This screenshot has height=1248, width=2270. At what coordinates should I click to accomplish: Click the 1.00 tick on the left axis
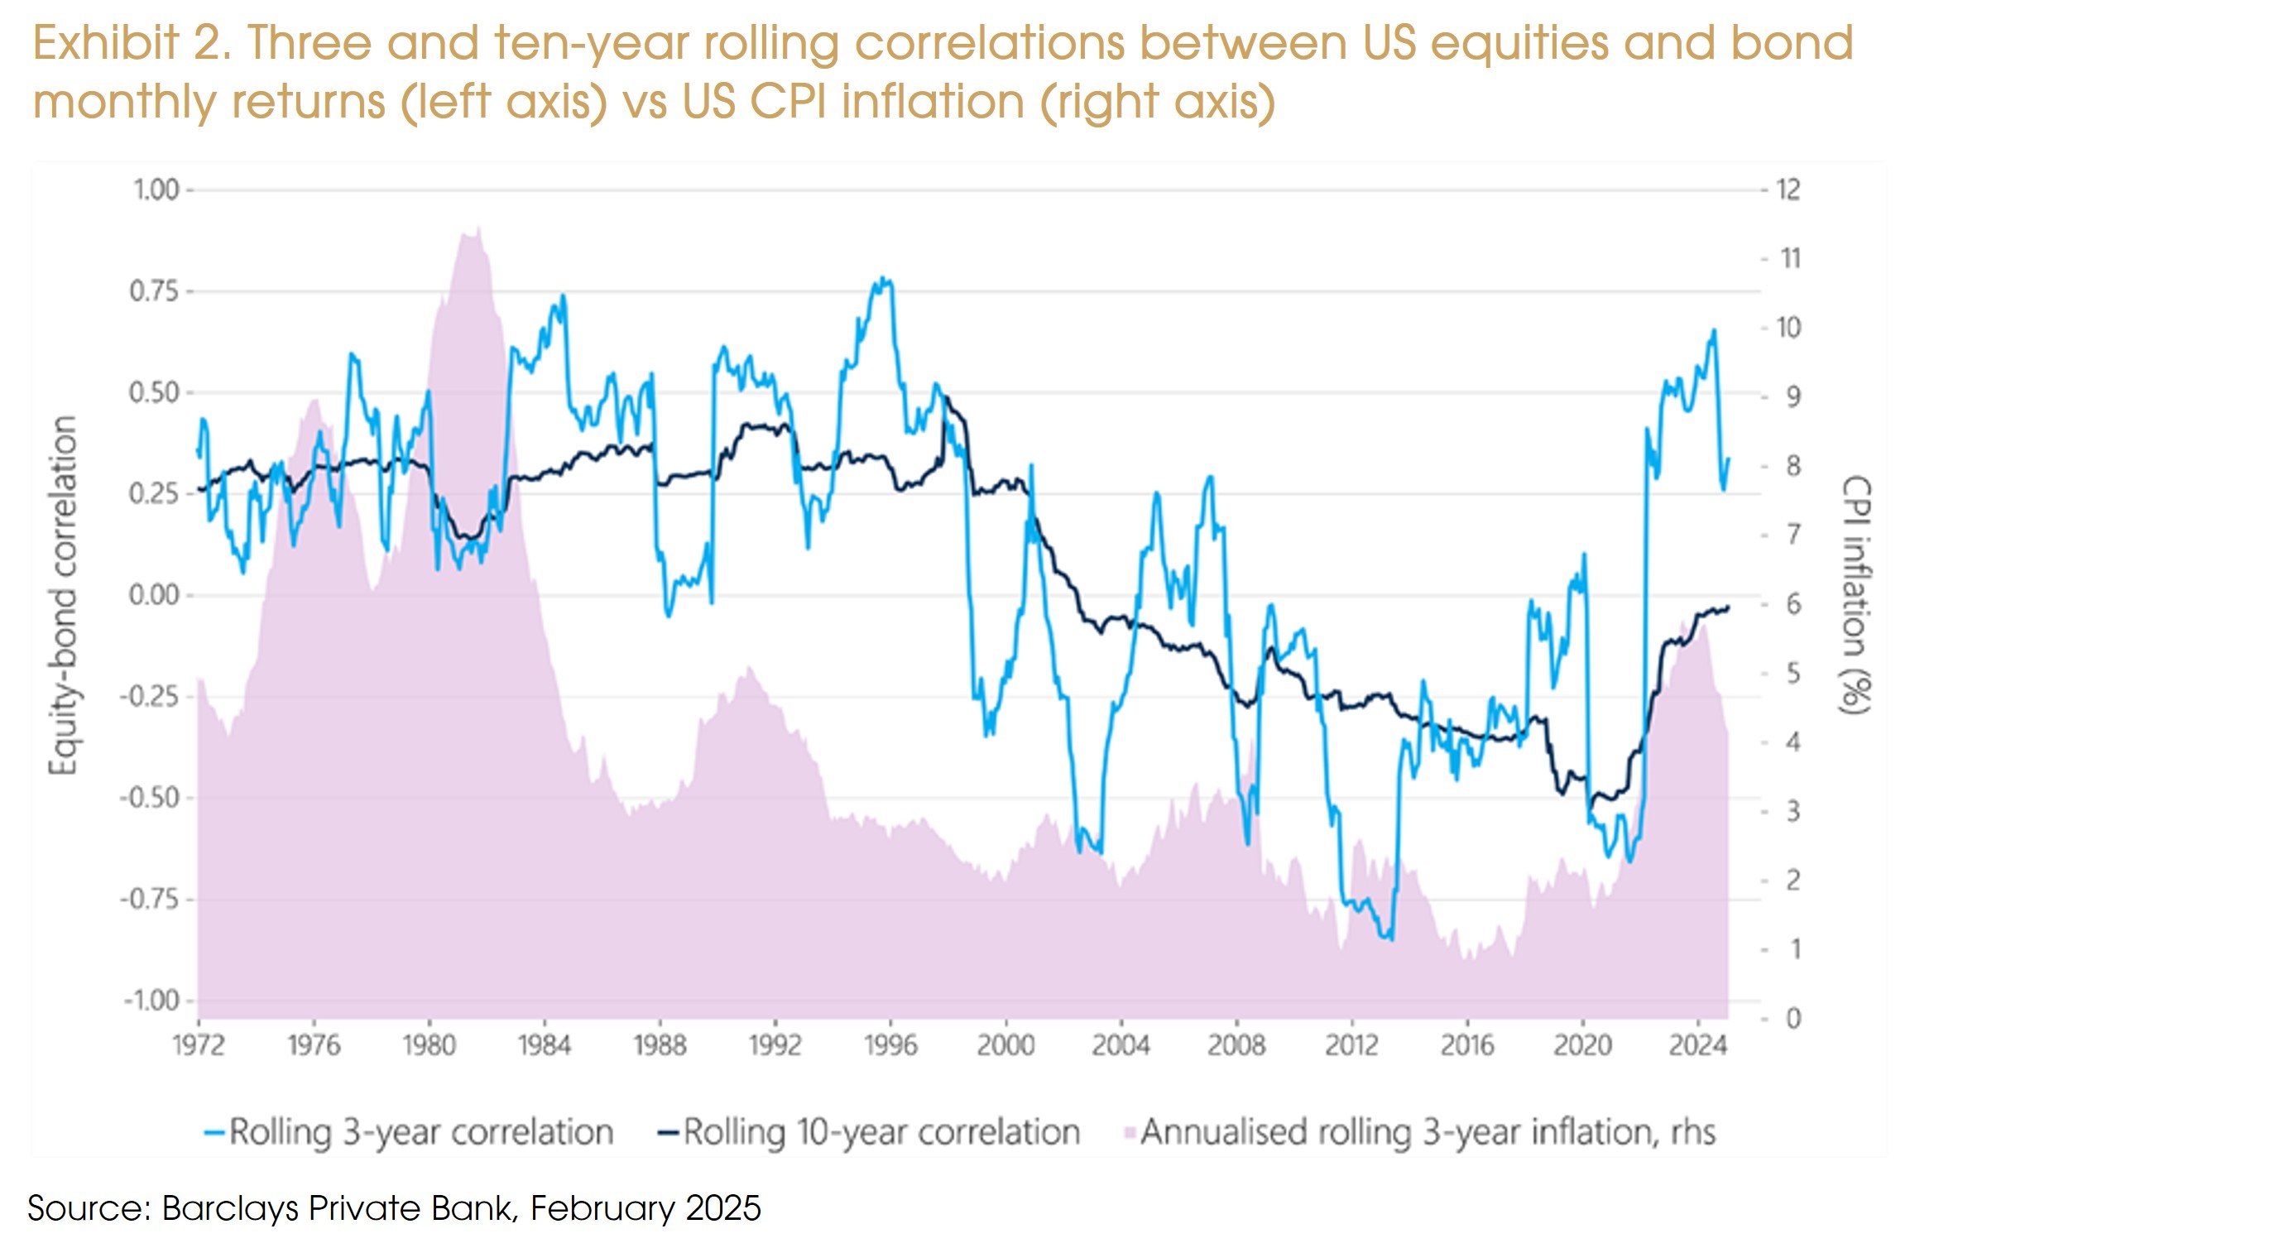pyautogui.click(x=155, y=190)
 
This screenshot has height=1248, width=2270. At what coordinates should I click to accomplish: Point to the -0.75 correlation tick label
pyautogui.click(x=149, y=900)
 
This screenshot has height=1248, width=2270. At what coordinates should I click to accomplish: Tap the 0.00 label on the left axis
pyautogui.click(x=155, y=596)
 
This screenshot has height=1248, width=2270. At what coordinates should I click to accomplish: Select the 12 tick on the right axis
pyautogui.click(x=1788, y=190)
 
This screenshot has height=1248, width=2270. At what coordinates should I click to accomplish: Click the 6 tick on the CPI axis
pyautogui.click(x=1792, y=605)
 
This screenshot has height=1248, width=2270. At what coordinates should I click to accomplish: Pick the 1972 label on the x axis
pyautogui.click(x=199, y=1045)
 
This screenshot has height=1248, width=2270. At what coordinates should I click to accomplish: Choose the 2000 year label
pyautogui.click(x=1005, y=1045)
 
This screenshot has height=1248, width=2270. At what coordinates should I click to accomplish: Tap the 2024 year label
pyautogui.click(x=1697, y=1045)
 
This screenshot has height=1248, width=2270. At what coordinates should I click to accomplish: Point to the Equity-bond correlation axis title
pyautogui.click(x=64, y=596)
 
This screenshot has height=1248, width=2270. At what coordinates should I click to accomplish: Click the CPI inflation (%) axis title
pyautogui.click(x=1855, y=596)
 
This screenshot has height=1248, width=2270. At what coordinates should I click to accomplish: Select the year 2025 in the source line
pyautogui.click(x=722, y=1207)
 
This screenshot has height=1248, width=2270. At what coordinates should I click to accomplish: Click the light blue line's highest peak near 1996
pyautogui.click(x=884, y=280)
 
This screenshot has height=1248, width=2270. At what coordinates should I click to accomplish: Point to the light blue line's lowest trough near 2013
pyautogui.click(x=1389, y=939)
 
